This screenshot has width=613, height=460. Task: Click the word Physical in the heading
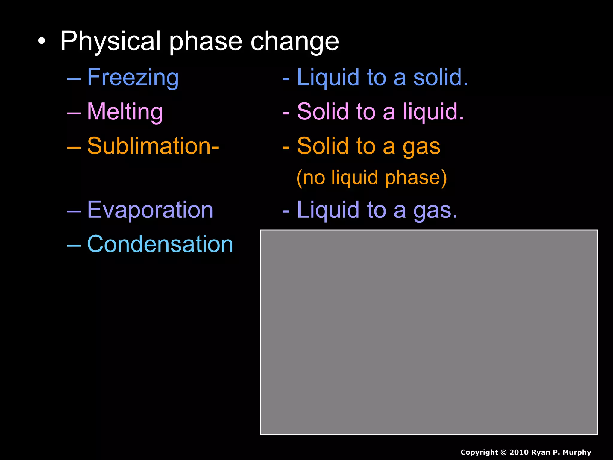[110, 41]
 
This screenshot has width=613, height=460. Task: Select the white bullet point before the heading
[42, 41]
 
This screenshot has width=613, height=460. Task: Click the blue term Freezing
[133, 77]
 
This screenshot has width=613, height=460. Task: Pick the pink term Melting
[125, 112]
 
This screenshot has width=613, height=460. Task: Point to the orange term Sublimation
[153, 146]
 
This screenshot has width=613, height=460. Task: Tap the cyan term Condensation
[160, 244]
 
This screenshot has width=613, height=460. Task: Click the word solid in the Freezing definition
[440, 77]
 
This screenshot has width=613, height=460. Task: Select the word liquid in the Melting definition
[433, 112]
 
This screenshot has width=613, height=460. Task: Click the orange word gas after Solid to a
[421, 147]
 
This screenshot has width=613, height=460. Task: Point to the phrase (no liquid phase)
[371, 178]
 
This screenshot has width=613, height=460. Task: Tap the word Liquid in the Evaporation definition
[328, 210]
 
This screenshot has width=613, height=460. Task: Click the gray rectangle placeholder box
[429, 332]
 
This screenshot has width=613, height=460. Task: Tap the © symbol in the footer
[503, 452]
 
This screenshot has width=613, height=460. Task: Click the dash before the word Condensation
[74, 245]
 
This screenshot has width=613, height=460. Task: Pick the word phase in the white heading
[206, 42]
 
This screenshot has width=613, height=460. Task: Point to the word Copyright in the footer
[479, 452]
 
